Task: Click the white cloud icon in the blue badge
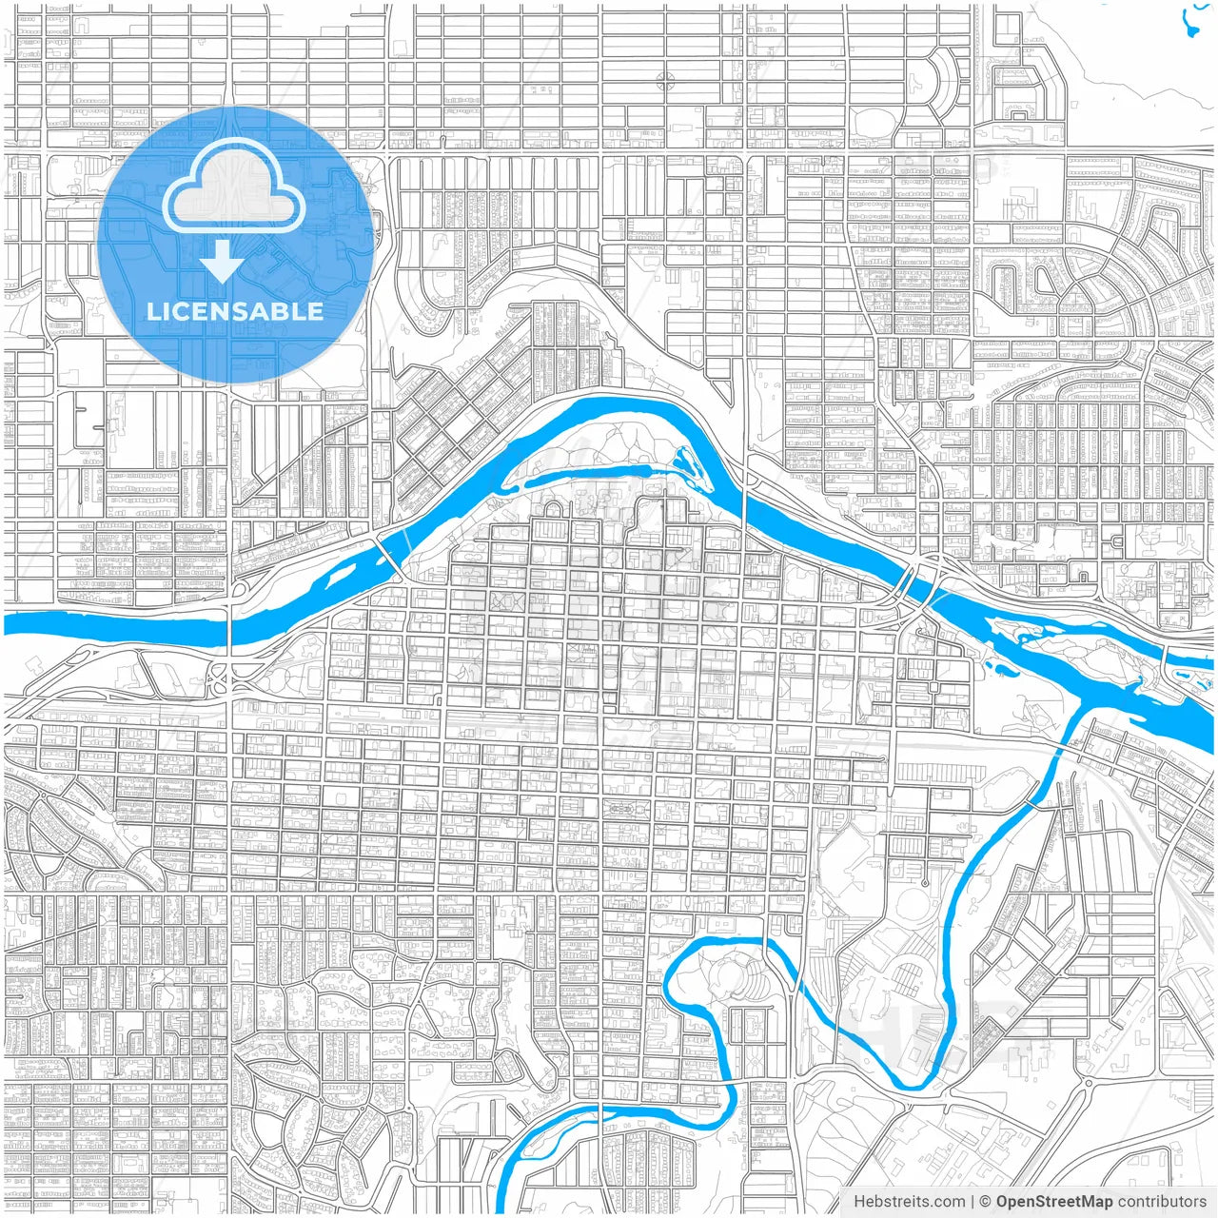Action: [x=234, y=189]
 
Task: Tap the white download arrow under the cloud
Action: [x=223, y=262]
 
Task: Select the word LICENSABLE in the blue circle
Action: [x=234, y=311]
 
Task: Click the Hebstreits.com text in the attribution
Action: [x=909, y=1202]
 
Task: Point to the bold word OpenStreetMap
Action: [x=1053, y=1202]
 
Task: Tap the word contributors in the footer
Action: [x=1162, y=1202]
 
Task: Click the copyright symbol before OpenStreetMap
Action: [x=986, y=1202]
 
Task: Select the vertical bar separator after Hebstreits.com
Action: [x=972, y=1202]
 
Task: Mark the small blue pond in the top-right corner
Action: [x=1191, y=19]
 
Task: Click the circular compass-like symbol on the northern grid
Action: [x=665, y=82]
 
